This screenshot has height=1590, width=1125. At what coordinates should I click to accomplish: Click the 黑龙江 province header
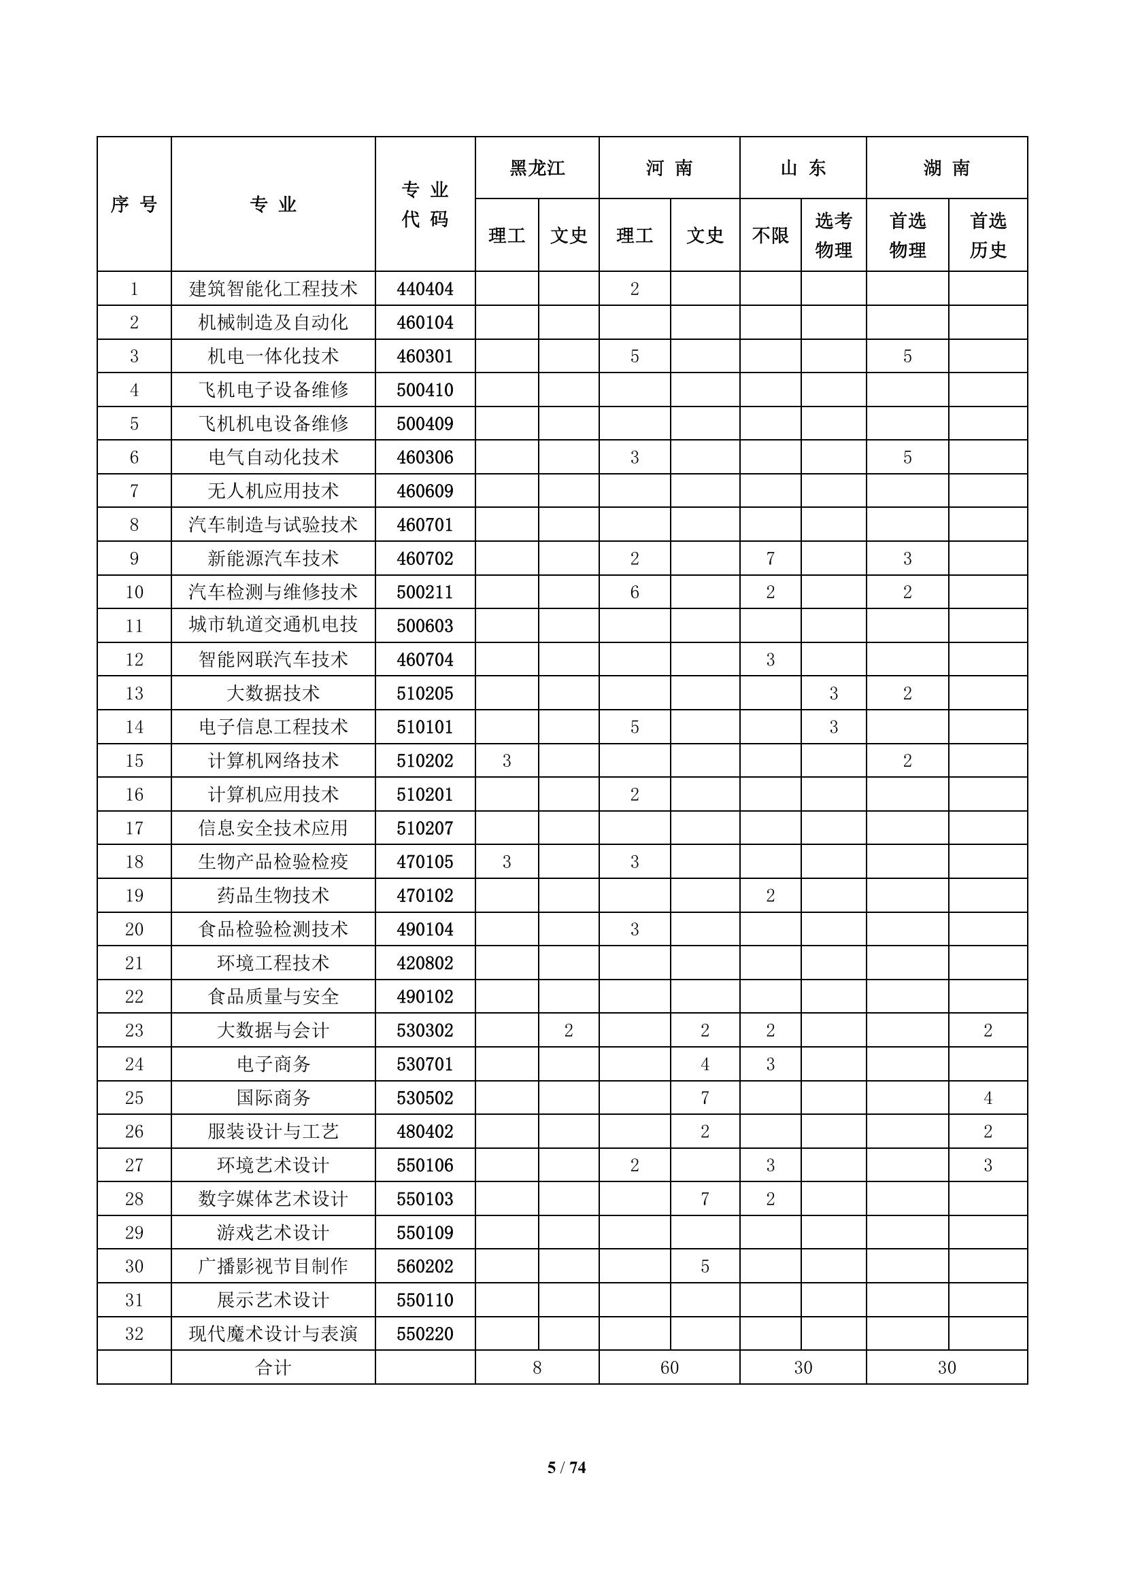coord(537,169)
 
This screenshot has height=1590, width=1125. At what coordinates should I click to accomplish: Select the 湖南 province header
coord(946,169)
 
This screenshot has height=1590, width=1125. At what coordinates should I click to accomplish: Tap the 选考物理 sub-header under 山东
coord(833,235)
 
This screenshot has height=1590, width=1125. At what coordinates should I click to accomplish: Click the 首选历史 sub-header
coord(988,235)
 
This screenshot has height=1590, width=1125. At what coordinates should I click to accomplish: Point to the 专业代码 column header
coord(424,205)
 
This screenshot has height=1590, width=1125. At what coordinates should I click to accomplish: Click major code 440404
coord(424,289)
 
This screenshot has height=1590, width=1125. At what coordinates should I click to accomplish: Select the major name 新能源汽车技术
coord(273,558)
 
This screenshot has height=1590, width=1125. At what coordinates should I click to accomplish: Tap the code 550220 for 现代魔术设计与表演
coord(424,1334)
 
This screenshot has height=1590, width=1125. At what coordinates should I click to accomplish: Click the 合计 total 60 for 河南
coord(669,1368)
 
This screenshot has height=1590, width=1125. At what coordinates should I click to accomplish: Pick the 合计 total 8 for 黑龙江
coord(537,1368)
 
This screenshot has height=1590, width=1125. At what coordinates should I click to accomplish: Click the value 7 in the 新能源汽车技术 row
coord(771,558)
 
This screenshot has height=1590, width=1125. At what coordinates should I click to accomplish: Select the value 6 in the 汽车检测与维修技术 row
coord(635,592)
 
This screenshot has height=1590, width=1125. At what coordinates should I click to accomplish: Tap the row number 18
coord(134,861)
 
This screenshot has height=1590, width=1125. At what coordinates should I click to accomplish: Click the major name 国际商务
coord(273,1098)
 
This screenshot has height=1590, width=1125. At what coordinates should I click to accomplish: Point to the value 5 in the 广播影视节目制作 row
coord(705,1266)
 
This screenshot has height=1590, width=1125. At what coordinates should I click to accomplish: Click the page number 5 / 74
coord(566,1468)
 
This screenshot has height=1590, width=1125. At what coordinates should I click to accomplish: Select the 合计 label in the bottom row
coord(273,1368)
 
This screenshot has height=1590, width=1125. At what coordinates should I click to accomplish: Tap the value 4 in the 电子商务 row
coord(705,1064)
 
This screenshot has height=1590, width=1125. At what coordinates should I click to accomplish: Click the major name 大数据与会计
coord(273,1031)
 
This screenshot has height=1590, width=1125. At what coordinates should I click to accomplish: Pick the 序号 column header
coord(134,205)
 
